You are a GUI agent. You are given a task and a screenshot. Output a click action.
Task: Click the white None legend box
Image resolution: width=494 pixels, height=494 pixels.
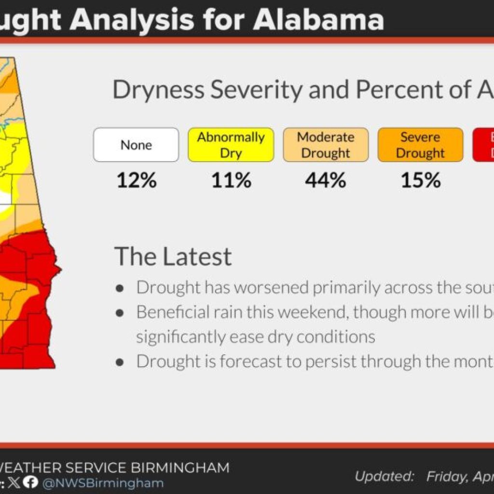pyautogui.click(x=136, y=145)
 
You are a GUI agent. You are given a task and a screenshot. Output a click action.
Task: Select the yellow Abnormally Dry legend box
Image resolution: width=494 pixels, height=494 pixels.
pyautogui.click(x=231, y=145)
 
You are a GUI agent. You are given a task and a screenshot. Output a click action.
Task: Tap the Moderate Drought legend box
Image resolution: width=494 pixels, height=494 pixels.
pyautogui.click(x=326, y=145)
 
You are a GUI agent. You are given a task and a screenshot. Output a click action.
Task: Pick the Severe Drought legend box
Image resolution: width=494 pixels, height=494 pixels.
pyautogui.click(x=420, y=145)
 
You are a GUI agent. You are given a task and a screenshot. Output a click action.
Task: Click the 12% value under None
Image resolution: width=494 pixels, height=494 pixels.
pyautogui.click(x=136, y=180)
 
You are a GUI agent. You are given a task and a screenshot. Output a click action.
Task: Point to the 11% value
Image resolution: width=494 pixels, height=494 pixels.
pyautogui.click(x=231, y=180)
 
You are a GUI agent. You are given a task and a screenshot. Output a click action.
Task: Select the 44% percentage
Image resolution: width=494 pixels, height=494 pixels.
pyautogui.click(x=326, y=180)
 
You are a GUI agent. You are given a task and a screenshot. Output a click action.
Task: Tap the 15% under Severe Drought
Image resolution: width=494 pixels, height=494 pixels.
pyautogui.click(x=420, y=180)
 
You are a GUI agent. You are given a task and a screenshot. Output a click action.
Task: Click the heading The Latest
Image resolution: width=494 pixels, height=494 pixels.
pyautogui.click(x=173, y=256)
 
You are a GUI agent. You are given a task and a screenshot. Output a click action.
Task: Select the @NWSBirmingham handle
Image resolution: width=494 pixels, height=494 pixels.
pyautogui.click(x=103, y=483)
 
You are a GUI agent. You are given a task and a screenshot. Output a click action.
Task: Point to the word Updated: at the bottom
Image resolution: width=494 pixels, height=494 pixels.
pyautogui.click(x=384, y=477)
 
